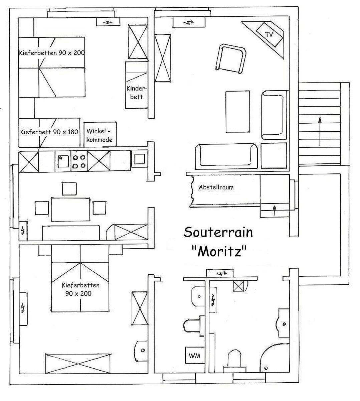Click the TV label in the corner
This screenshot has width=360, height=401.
click(x=269, y=35)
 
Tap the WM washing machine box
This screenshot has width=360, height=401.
click(x=195, y=355)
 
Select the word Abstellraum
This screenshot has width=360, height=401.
click(x=216, y=187)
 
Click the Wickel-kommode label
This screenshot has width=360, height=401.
click(x=99, y=135)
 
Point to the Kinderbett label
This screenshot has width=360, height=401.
click(x=137, y=93)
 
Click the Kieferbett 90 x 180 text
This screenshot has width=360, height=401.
click(x=49, y=132)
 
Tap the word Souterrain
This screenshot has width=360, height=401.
click(x=218, y=232)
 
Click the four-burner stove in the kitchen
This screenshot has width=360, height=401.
click(x=79, y=161)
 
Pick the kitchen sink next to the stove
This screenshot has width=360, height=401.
click(x=63, y=161)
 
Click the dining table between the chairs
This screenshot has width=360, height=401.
click(x=70, y=209)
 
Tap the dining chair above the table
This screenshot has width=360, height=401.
click(x=69, y=189)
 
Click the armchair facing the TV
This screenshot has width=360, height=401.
click(x=231, y=59)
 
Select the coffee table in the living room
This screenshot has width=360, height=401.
click(x=238, y=112)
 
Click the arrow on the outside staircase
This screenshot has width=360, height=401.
click(x=320, y=132)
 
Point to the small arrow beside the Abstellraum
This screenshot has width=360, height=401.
click(x=275, y=211)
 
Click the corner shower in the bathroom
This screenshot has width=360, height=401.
click(x=275, y=359)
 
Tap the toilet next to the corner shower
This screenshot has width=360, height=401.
click(x=234, y=361)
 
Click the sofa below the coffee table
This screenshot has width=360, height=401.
click(x=226, y=157)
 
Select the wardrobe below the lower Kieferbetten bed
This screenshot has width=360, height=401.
click(x=78, y=364)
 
